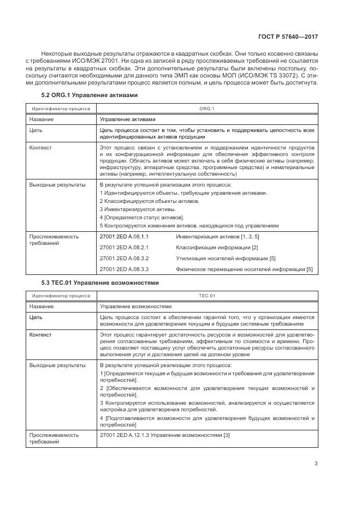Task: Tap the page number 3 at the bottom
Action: (x=316, y=464)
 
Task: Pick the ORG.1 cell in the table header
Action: (x=207, y=109)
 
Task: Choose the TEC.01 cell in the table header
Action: (x=207, y=296)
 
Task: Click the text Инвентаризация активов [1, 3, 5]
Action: (x=217, y=236)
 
